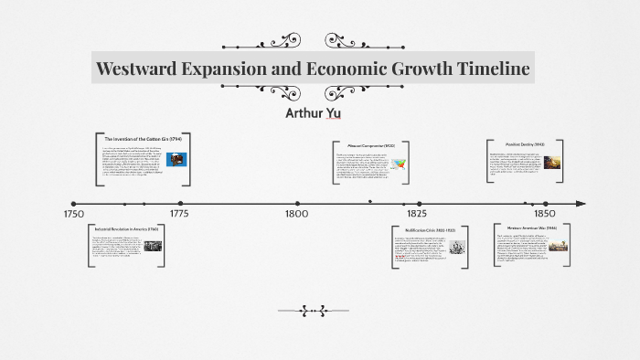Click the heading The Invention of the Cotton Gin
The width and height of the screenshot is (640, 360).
[144, 138]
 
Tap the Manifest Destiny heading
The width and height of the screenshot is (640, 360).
[525, 144]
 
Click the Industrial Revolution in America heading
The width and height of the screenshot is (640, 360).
[127, 228]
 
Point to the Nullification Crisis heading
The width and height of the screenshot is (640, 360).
[429, 229]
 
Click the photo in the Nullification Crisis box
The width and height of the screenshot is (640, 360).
[456, 247]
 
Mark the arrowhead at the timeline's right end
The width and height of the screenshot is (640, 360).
[581, 203]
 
